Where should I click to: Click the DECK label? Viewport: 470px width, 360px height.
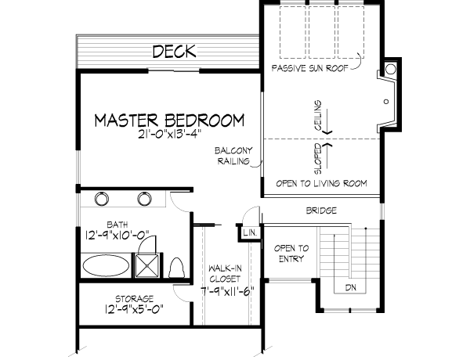pos(174,52)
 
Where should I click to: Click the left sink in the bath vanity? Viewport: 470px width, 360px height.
pos(102,199)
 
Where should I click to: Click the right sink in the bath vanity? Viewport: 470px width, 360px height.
pos(144,199)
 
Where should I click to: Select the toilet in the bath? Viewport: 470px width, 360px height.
pos(176,267)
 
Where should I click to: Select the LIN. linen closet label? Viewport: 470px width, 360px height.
pos(249,232)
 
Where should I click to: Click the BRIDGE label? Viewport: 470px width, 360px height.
pos(322,211)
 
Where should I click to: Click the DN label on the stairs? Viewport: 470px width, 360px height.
pos(349,287)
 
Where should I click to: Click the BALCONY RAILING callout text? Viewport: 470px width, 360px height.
pos(233,156)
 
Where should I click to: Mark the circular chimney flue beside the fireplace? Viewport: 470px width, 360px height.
pos(390,67)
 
